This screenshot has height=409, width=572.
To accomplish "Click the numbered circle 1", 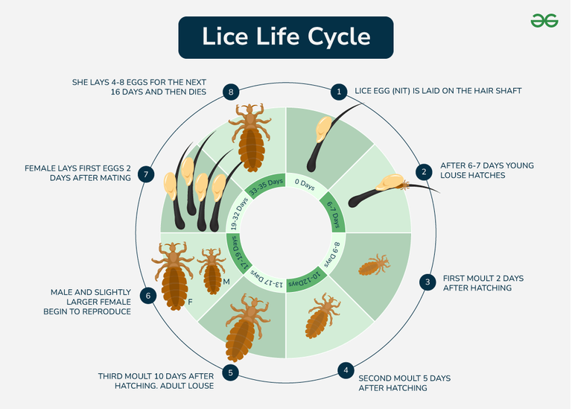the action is click(x=339, y=92).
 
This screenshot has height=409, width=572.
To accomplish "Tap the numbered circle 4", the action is click(x=346, y=371).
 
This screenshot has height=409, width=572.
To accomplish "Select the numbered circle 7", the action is click(x=146, y=174).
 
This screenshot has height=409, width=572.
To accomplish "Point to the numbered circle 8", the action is click(x=231, y=92).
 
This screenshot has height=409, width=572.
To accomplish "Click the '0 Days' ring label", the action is click(x=305, y=185).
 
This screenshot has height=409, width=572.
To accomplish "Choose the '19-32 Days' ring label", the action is click(x=239, y=213).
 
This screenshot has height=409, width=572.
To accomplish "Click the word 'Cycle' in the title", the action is click(x=339, y=37).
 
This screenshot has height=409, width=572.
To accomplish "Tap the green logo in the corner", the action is click(x=544, y=20).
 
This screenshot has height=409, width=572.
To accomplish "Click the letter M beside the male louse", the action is click(x=226, y=282).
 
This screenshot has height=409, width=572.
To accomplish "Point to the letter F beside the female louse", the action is click(x=190, y=302).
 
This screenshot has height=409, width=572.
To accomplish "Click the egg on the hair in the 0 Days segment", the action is click(x=322, y=129).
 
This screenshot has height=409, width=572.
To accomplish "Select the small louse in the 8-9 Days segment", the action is click(x=375, y=265).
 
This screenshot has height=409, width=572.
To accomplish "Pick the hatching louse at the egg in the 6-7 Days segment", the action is click(x=404, y=185).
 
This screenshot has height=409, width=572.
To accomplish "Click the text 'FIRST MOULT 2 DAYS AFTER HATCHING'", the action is click(x=483, y=283).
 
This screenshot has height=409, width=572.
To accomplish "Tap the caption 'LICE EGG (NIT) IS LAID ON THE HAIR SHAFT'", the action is click(x=438, y=91).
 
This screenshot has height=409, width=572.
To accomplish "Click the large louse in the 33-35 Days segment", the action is click(x=250, y=138).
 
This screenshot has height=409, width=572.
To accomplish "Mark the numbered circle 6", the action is click(x=148, y=296).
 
